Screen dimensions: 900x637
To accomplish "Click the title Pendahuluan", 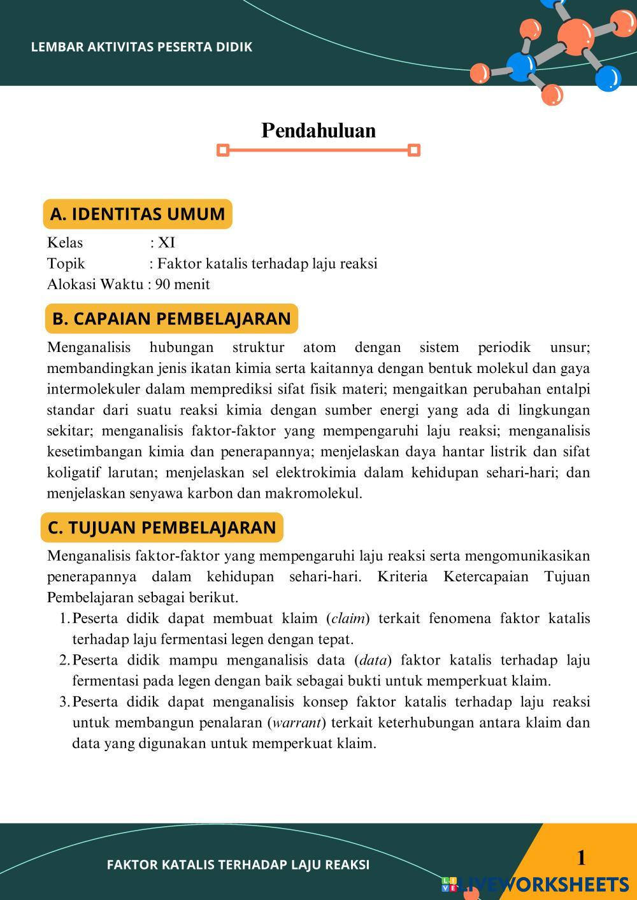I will click(318, 130).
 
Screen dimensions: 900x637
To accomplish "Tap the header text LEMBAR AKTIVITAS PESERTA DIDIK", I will click(141, 47).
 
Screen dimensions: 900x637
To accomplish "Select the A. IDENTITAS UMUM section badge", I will click(137, 214).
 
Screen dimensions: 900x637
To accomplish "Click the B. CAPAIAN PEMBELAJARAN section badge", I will click(171, 318).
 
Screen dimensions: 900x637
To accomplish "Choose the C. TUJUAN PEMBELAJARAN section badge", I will click(162, 528).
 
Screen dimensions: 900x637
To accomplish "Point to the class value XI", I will click(166, 243).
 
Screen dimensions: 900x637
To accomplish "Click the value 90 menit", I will click(183, 285).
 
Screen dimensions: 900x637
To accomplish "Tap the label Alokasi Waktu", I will click(95, 285).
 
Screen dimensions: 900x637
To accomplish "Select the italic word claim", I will click(348, 619).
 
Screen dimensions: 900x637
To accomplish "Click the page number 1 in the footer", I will click(581, 858).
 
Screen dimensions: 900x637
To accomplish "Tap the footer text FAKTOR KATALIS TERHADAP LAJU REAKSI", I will click(238, 864).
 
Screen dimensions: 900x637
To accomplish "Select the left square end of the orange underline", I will click(223, 150).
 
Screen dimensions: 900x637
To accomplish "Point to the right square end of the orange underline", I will click(414, 150).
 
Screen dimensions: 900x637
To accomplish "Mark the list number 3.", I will click(64, 702).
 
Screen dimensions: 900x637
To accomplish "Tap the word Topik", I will click(66, 264).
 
